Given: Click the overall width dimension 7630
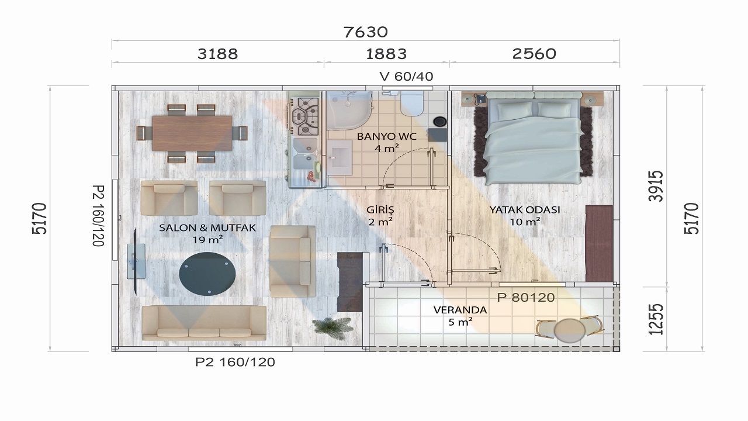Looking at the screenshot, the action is click(x=366, y=32).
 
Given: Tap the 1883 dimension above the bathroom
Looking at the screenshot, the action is click(x=386, y=54).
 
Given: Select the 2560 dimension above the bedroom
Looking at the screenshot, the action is click(x=534, y=54).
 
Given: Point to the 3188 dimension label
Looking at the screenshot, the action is click(x=218, y=54).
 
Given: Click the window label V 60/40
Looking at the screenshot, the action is click(x=406, y=77).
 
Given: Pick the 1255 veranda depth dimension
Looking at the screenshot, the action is click(x=655, y=319).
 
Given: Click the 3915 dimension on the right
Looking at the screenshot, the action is click(x=655, y=186).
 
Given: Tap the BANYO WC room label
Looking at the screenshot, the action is click(x=387, y=136).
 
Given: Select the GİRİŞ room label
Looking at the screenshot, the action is click(x=380, y=209).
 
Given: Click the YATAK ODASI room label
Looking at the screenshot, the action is click(x=525, y=210).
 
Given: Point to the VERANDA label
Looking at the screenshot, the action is click(x=460, y=310).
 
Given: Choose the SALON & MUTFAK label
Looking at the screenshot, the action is click(x=207, y=228).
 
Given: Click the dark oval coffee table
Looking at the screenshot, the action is click(x=207, y=274).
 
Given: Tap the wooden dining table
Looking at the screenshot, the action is click(x=192, y=133).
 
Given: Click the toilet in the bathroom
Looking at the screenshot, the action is click(x=412, y=103).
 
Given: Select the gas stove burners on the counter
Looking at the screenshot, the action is click(x=305, y=116).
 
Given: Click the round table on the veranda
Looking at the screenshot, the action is click(x=570, y=330).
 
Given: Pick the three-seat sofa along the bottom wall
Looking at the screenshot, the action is click(x=204, y=323).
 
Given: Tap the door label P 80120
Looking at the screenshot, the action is click(x=526, y=298).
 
